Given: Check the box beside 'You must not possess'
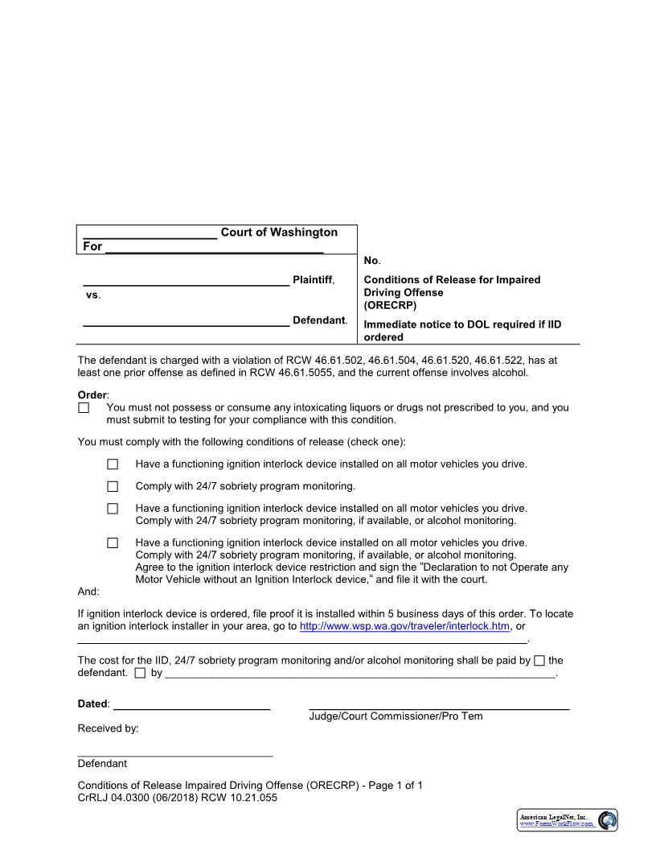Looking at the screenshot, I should coord(84,408).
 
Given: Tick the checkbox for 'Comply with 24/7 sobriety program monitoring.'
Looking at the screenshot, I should coord(113,486).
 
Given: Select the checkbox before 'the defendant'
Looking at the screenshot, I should coord(539,661).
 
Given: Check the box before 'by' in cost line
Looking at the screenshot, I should coord(141,673).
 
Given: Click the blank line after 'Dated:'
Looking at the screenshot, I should coord(191,705).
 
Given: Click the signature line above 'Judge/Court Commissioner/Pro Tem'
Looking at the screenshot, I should coord(439,706).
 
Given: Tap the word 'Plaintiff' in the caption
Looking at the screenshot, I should coord(312,280).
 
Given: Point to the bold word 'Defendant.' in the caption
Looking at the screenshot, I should coord(319,320).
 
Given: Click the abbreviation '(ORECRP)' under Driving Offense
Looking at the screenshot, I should coord(390,306).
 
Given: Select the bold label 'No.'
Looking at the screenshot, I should coord(371,261).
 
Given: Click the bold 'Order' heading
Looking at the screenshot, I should coord(92,395).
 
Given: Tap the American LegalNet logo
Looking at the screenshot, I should coord(568,820).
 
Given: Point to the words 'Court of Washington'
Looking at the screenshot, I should coord(279,233).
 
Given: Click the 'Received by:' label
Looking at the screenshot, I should coord(108,728).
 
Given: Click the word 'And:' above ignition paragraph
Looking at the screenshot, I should coord(88,592).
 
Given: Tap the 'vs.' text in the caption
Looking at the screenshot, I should coord(92,295).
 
